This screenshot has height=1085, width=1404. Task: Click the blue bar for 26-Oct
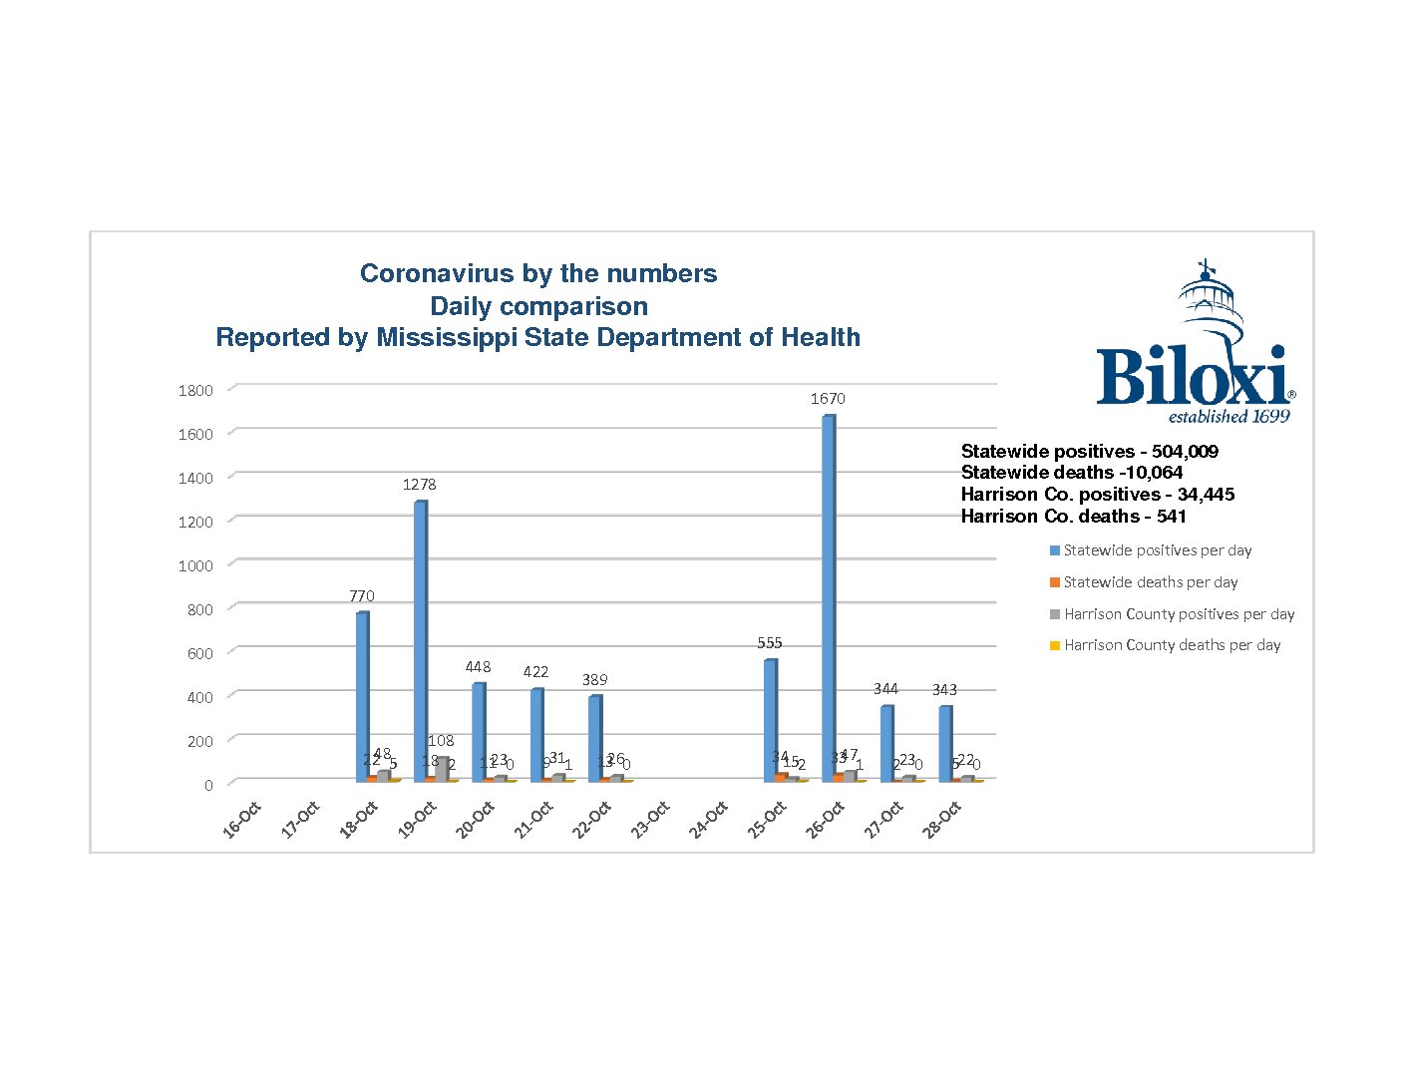pos(828,598)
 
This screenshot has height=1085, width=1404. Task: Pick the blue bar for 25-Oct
pos(770,719)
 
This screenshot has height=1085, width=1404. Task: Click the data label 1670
pos(828,399)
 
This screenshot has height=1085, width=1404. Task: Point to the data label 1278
pos(420,485)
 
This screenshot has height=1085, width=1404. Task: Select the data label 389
pos(594,680)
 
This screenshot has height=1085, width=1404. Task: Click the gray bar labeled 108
pos(442,769)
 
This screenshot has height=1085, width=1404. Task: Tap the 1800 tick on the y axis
pos(195,391)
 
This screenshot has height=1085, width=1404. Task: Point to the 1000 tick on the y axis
pos(195,566)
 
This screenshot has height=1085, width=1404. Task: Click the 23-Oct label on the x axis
pos(651,819)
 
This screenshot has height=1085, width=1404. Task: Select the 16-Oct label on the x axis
pos(242,819)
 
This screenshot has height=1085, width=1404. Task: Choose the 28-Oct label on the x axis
pos(942,819)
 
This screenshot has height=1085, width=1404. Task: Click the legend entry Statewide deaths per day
pos(1151,582)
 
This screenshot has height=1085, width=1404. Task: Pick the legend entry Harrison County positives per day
pos(1179,614)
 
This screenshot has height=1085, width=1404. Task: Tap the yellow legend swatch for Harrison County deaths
pos(1055,646)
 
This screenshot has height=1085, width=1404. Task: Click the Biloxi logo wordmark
pos(1191,377)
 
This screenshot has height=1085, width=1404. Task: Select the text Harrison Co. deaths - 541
pos(1073,517)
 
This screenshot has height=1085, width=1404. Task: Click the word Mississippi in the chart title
pos(447,338)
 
